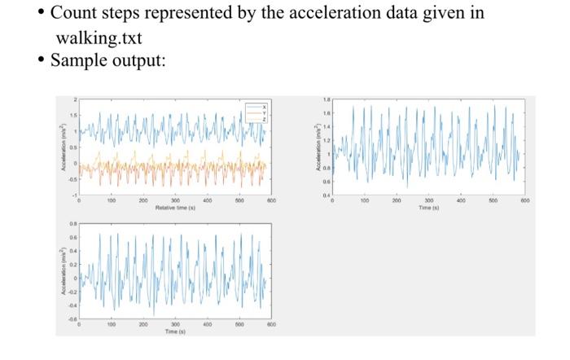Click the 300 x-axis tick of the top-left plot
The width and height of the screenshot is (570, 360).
click(175, 200)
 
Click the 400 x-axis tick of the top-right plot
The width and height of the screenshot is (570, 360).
click(461, 200)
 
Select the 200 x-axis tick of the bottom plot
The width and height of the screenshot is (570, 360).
click(143, 324)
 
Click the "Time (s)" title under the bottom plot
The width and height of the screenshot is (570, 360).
click(175, 331)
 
